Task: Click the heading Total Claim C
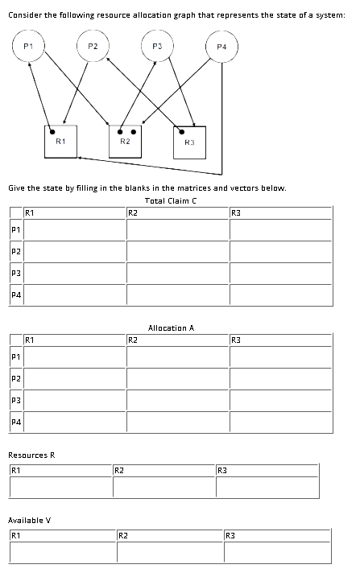(171, 200)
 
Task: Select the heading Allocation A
(171, 328)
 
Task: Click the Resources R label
(31, 455)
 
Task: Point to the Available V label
(29, 520)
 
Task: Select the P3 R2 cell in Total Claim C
(176, 274)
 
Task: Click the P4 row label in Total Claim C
(15, 295)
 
